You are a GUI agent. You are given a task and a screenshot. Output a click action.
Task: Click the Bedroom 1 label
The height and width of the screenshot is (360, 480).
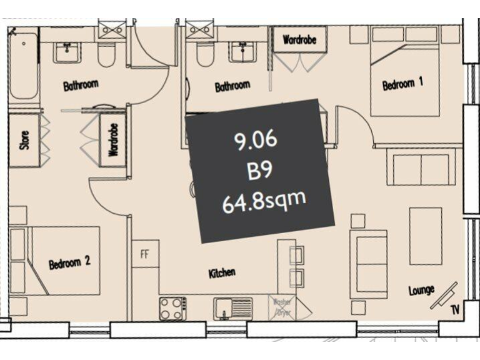pos(403,84)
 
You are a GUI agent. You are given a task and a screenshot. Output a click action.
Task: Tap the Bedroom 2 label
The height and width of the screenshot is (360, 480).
pos(69,263)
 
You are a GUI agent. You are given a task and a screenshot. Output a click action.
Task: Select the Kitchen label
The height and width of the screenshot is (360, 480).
pos(222,272)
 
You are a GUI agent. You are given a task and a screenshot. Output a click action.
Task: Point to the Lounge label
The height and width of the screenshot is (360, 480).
pos(421,290)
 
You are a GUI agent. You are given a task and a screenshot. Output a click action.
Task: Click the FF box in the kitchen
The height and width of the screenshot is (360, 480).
pos(144,254)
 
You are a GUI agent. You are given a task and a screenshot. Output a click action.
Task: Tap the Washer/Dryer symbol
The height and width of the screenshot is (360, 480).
pos(281,307)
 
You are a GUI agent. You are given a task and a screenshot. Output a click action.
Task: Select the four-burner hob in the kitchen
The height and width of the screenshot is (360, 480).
pos(173,308)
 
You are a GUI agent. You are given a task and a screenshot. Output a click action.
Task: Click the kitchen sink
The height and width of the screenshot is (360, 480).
pos(232,308)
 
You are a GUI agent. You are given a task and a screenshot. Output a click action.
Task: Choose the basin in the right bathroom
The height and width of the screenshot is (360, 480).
pos(241,52)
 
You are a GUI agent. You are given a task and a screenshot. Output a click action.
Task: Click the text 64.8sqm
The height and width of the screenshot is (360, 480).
pos(264,202)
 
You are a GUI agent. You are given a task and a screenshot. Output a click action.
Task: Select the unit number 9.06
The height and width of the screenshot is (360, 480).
pos(256,141)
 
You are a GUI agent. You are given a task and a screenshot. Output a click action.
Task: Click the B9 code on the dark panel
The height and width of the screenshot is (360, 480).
pos(259,171)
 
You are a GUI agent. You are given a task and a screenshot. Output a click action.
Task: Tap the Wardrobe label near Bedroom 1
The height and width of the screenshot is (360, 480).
pos(299,40)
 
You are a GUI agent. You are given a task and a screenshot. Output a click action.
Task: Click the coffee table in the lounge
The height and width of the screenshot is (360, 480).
pos(425,236)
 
